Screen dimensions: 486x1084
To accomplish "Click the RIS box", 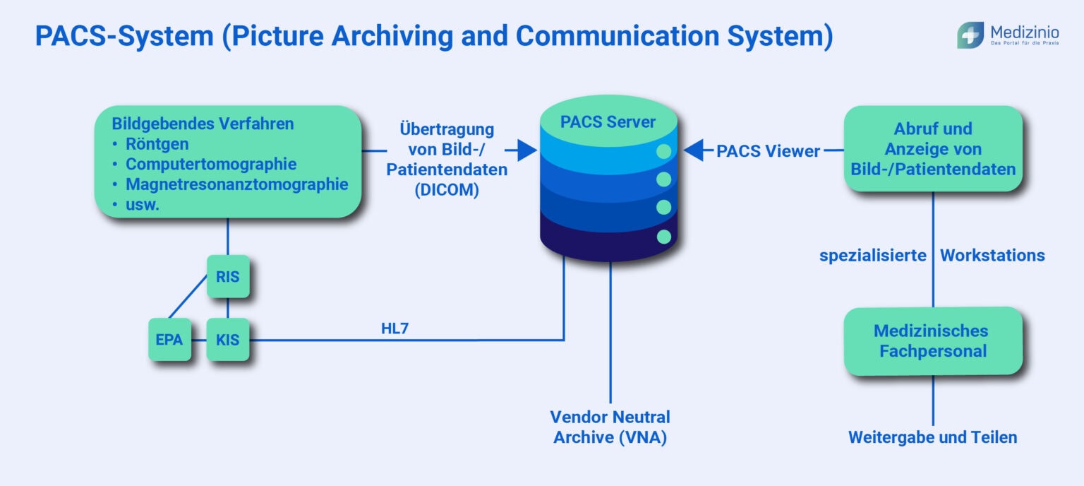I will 227,277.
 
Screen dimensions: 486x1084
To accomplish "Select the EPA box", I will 169,340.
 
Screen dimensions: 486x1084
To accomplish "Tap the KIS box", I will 227,340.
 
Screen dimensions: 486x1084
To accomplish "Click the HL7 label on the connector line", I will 395,328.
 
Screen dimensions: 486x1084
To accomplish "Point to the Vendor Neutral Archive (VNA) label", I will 610,427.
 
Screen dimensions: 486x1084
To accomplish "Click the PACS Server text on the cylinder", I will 608,121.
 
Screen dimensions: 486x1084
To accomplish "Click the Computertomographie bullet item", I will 211,164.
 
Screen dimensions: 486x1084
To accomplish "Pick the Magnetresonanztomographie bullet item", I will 236,184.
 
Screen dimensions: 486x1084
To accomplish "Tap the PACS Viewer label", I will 768,150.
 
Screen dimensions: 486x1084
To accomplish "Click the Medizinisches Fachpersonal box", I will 933,340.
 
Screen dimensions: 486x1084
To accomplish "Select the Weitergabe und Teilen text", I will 932,437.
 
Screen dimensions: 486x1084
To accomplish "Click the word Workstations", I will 992,255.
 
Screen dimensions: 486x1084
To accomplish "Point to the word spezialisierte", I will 872,255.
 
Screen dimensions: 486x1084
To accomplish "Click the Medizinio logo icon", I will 970,35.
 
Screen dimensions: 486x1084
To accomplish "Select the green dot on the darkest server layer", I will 663,236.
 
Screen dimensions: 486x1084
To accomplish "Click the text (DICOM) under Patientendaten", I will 446,190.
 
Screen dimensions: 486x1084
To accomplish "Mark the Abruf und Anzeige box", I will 933,149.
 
